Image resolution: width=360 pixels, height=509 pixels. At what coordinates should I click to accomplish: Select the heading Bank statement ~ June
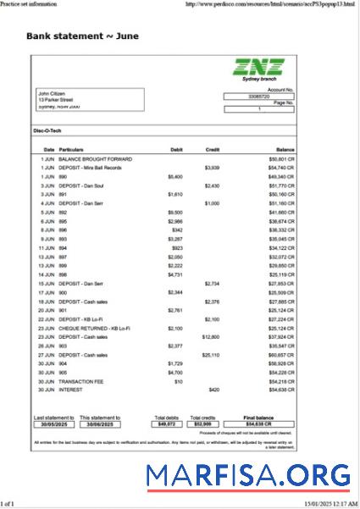click(x=83, y=36)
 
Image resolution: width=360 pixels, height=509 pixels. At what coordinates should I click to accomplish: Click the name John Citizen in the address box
click(x=52, y=93)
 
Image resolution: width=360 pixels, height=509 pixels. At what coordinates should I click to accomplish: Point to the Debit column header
click(x=176, y=149)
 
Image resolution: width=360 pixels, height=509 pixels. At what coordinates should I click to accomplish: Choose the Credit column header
click(x=213, y=149)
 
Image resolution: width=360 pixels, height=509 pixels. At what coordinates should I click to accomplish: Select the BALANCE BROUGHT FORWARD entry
click(x=95, y=158)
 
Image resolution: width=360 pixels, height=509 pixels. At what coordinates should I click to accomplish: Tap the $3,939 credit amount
click(x=212, y=168)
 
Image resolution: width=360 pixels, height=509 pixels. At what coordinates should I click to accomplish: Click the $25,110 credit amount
click(x=211, y=355)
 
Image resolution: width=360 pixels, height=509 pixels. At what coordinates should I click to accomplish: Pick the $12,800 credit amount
click(x=211, y=336)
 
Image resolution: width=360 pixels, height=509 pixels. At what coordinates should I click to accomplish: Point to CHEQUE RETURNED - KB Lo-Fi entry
click(x=94, y=328)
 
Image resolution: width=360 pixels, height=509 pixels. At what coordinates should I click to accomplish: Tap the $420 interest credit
click(x=213, y=390)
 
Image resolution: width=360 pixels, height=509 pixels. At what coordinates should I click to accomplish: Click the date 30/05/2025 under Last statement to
click(x=53, y=423)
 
